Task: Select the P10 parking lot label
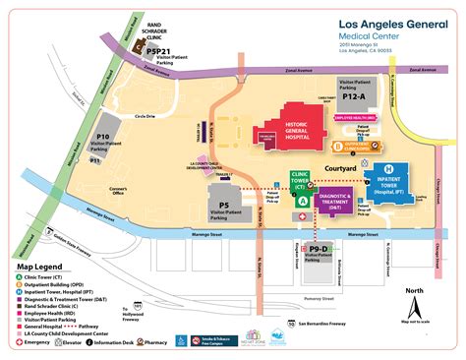click(102, 142)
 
